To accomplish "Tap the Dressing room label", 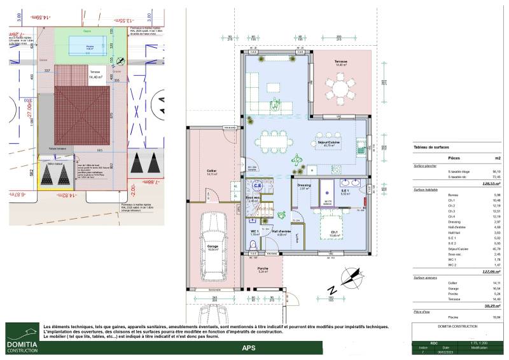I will click(304, 186).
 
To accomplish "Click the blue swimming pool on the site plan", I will click(85, 48).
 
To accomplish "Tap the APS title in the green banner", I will click(249, 348).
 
